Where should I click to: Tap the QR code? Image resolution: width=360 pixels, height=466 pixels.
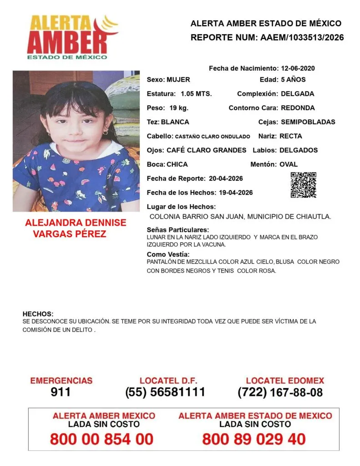303,185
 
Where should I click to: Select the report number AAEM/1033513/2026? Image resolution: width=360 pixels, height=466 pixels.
302,37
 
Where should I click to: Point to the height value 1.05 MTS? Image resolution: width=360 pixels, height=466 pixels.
196,94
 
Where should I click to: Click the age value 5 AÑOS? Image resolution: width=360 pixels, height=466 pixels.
293,80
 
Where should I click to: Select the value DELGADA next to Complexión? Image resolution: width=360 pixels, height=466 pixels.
297,94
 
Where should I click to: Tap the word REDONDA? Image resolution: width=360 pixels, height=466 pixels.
298,108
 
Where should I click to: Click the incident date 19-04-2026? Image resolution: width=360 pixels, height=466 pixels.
232,192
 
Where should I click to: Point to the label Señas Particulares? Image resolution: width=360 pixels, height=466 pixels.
178,230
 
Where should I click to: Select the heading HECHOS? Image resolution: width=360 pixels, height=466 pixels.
38,314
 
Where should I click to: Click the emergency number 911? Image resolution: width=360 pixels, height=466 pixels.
61,392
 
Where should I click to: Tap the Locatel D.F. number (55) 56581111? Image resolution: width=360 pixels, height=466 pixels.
165,392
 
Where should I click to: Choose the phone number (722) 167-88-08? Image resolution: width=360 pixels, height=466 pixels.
280,392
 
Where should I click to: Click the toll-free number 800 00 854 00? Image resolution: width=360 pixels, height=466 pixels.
101,439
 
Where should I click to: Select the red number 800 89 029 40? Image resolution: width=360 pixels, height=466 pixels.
254,439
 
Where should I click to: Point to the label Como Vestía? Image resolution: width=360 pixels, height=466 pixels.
168,254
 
